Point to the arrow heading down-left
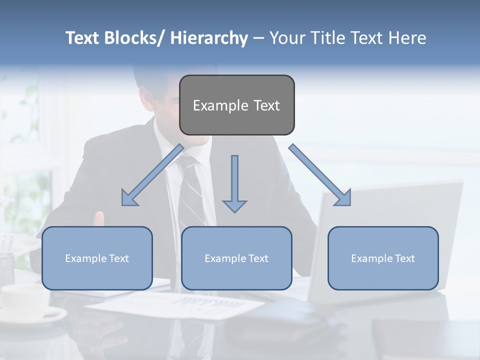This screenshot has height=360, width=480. pyautogui.click(x=153, y=175)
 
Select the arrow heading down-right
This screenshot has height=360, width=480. pyautogui.click(x=320, y=175)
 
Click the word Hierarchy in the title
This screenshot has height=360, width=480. pyautogui.click(x=209, y=38)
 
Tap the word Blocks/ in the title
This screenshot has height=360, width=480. pyautogui.click(x=135, y=38)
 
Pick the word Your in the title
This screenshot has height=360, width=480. pyautogui.click(x=286, y=38)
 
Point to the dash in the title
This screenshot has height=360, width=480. pyautogui.click(x=258, y=38)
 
